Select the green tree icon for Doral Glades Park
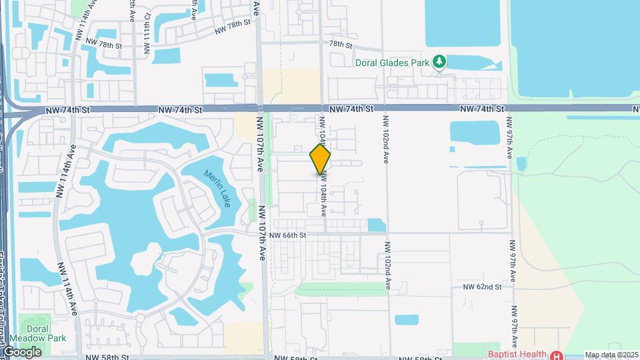(439, 63)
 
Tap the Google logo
(22, 351)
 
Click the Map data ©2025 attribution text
(611, 355)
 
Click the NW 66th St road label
(289, 235)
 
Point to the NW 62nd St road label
(482, 287)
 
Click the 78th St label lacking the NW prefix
(340, 44)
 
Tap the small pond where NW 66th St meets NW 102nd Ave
(376, 225)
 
